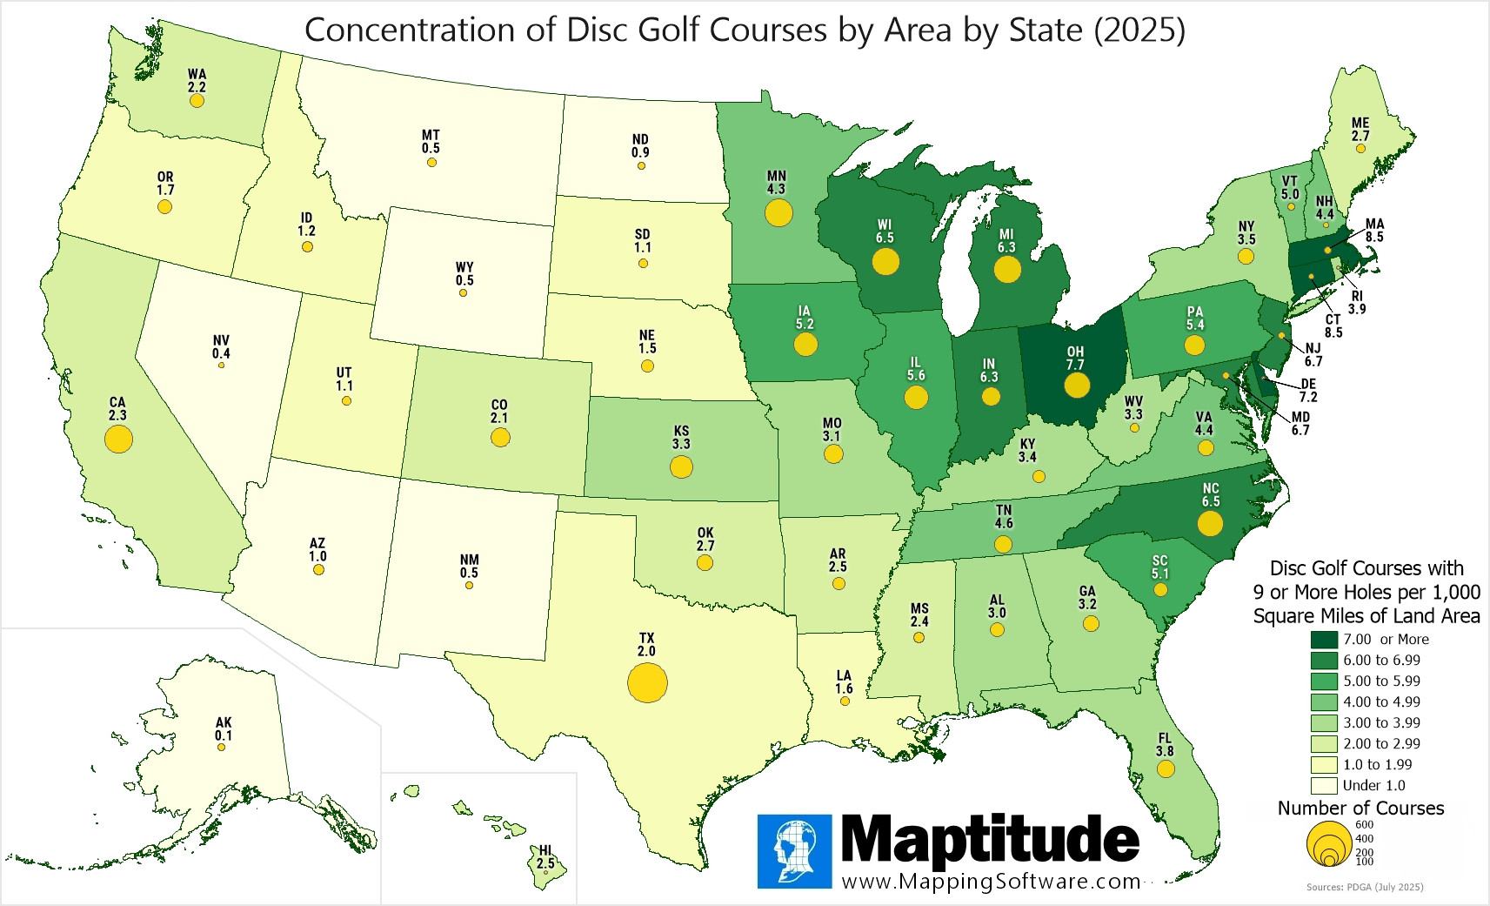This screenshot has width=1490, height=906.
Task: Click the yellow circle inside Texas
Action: pyautogui.click(x=647, y=682)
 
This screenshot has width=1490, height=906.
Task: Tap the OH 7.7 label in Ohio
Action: pyautogui.click(x=1075, y=359)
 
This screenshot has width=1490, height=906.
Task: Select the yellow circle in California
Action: pyautogui.click(x=118, y=438)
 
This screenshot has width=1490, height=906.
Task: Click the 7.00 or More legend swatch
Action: pyautogui.click(x=1323, y=640)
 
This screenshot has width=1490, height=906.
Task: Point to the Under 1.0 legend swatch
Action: pyautogui.click(x=1323, y=785)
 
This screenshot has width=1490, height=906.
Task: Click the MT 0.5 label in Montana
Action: pyautogui.click(x=431, y=142)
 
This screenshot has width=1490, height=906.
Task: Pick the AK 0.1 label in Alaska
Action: pyautogui.click(x=224, y=729)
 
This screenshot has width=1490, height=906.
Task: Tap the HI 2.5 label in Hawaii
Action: pyautogui.click(x=545, y=857)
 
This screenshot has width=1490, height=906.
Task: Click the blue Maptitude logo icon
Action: pyautogui.click(x=794, y=851)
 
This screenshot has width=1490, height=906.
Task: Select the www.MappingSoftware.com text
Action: pyautogui.click(x=991, y=881)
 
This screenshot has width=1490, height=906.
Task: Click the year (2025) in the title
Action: pyautogui.click(x=1139, y=30)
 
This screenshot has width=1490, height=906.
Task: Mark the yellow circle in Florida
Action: pyautogui.click(x=1166, y=769)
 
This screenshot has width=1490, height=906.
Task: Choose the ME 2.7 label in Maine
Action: pyautogui.click(x=1360, y=130)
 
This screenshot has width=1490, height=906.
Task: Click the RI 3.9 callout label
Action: pyautogui.click(x=1357, y=302)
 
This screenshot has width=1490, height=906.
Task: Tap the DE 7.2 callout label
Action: pyautogui.click(x=1308, y=390)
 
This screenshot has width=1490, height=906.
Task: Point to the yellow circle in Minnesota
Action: pyautogui.click(x=778, y=212)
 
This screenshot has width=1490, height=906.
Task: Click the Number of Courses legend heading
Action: pyautogui.click(x=1360, y=808)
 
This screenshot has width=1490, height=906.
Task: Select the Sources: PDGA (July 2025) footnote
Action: pyautogui.click(x=1364, y=887)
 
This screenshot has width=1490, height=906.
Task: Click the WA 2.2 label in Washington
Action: pyautogui.click(x=197, y=81)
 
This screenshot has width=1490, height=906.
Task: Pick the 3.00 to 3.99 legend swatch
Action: pyautogui.click(x=1323, y=722)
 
